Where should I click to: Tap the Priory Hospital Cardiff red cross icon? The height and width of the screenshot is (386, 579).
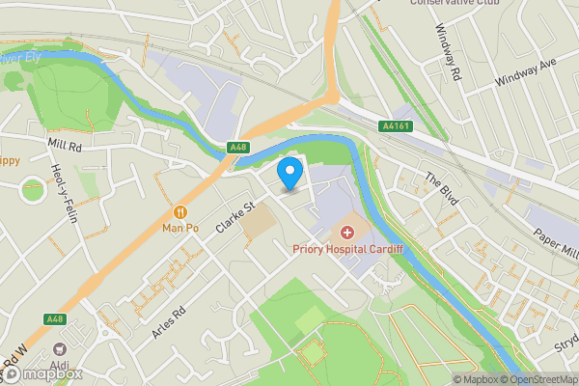[347, 233]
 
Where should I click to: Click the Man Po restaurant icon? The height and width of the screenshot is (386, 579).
[179, 212]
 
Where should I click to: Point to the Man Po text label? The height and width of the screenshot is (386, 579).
[179, 229]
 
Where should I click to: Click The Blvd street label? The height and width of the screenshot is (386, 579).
[442, 184]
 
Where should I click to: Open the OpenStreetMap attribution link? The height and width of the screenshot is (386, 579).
[536, 378]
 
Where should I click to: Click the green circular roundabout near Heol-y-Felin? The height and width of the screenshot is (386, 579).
[33, 189]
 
